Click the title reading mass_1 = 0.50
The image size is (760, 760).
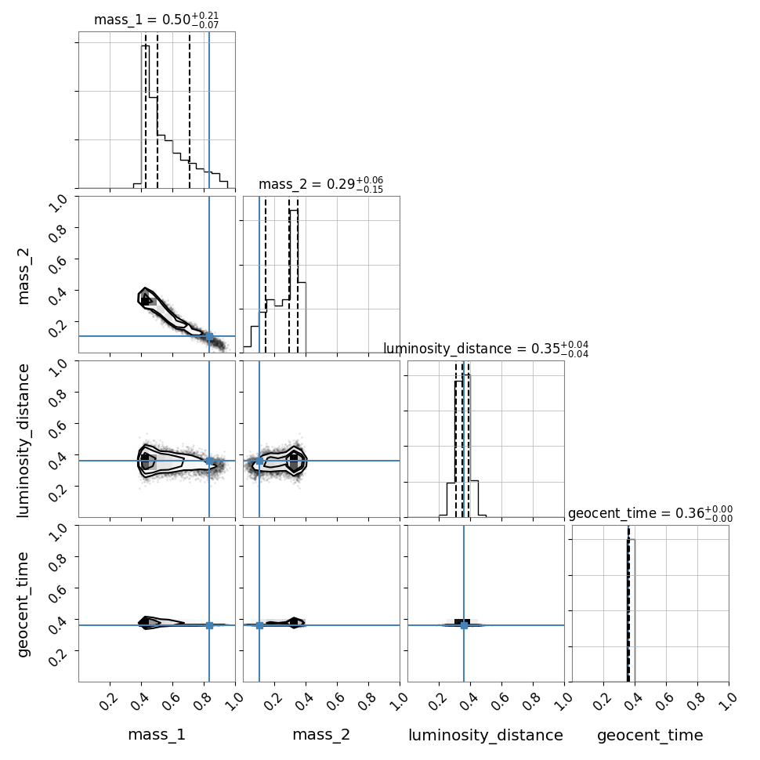(156, 20)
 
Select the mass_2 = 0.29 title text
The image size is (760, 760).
(321, 185)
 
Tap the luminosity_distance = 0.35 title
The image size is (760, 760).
(486, 349)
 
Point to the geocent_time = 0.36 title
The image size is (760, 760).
(650, 513)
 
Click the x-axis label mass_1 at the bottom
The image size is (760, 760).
(157, 735)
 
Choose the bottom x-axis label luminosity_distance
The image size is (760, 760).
(486, 735)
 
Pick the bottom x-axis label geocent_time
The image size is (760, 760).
(650, 735)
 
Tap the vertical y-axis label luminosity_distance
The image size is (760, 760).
(23, 440)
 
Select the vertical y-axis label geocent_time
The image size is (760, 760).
(23, 604)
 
